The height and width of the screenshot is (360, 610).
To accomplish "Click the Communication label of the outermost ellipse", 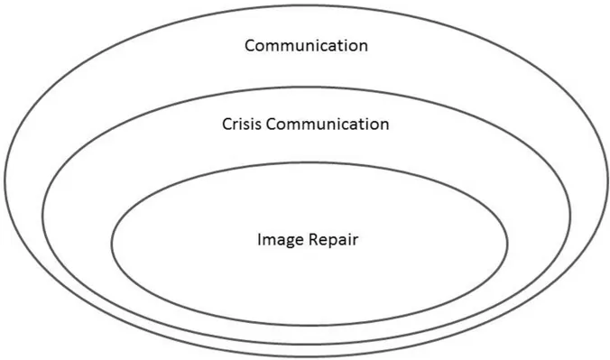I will tap(306, 44).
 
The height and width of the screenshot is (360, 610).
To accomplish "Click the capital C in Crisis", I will tap(227, 124).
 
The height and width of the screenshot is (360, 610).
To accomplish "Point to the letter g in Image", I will tap(287, 243).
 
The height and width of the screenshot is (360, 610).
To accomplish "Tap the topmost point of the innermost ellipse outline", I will tap(310, 162).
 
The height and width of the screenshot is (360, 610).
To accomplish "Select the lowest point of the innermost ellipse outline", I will tap(310, 325).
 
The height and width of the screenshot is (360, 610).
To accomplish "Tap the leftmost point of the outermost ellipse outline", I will tap(5, 180).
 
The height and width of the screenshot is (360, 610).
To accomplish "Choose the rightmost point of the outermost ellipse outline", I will tap(605, 180).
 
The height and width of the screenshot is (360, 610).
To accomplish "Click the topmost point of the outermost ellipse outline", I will tap(305, 5).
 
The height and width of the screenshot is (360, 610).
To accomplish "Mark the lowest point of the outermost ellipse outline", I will tap(305, 355).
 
